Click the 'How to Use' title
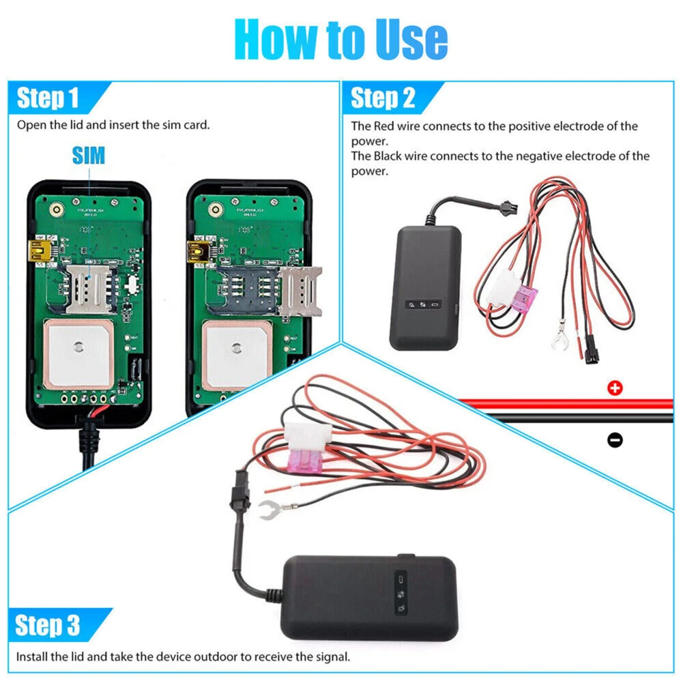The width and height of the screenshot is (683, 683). pyautogui.click(x=341, y=40)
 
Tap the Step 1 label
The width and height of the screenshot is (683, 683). pyautogui.click(x=48, y=98)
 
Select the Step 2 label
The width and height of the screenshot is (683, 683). pyautogui.click(x=382, y=98)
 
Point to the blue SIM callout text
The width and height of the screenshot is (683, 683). pyautogui.click(x=89, y=155)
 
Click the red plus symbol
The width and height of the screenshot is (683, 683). pyautogui.click(x=615, y=388)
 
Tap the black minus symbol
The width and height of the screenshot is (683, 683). pyautogui.click(x=615, y=440)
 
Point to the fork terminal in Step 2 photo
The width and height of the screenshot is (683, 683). pyautogui.click(x=562, y=338)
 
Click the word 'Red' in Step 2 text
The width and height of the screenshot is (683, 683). pyautogui.click(x=383, y=126)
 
